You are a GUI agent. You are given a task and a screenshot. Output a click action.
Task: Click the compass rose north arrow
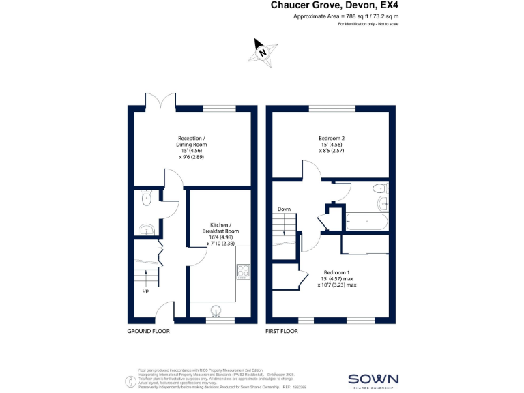click(x=262, y=51)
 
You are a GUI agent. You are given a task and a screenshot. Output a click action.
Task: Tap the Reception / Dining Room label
click(x=191, y=147)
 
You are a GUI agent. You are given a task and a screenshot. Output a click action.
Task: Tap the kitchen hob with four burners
click(x=244, y=272)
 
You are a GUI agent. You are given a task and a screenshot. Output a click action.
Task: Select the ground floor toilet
click(x=145, y=199)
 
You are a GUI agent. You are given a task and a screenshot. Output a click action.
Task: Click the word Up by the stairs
click(x=145, y=291)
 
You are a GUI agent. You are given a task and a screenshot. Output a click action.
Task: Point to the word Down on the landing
click(x=284, y=209)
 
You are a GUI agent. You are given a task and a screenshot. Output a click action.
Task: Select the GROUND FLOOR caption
click(x=149, y=331)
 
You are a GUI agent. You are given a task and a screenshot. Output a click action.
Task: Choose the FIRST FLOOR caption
click(x=282, y=331)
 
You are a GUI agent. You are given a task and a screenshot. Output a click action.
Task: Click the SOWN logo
click(x=373, y=379)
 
